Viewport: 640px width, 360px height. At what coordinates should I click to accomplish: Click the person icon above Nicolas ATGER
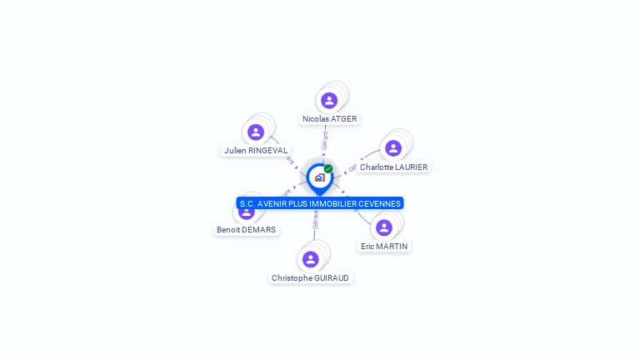coord(329,101)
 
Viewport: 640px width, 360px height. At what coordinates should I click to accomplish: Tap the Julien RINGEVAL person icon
coord(256,132)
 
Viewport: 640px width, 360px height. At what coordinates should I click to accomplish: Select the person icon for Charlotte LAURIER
coord(393,148)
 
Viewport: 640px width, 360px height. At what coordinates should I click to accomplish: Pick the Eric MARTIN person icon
coord(384,227)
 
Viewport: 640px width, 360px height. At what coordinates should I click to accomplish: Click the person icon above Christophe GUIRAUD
coord(311,259)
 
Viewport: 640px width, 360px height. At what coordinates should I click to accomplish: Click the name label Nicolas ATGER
coord(329,119)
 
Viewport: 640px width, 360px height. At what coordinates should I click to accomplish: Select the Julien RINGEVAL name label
coord(256,151)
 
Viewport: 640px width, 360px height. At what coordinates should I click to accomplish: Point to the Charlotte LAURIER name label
coord(393,167)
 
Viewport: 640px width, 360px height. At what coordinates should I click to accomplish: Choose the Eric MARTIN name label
coord(384,247)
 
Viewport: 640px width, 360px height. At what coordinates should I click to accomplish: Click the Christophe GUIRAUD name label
coord(311,278)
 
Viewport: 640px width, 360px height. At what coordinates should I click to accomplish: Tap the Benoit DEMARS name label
coord(246,230)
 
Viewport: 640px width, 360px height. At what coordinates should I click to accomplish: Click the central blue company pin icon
coord(319,177)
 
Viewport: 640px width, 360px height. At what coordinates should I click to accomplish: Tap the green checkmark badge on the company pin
coord(328,168)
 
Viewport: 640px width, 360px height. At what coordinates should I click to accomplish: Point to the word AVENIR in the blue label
coord(271,203)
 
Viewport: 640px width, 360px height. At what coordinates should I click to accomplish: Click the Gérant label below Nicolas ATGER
coord(325,139)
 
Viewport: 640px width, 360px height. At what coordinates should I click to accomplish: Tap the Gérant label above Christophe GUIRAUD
coord(316,219)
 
